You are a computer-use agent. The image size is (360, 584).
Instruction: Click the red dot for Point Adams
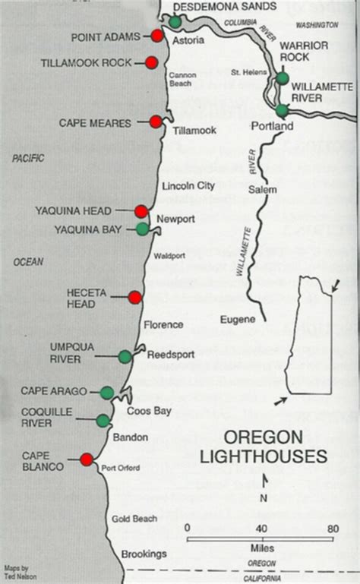pyautogui.click(x=157, y=36)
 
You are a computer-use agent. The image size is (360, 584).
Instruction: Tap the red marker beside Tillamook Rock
pyautogui.click(x=151, y=62)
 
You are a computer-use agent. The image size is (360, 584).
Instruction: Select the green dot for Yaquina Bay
pyautogui.click(x=142, y=228)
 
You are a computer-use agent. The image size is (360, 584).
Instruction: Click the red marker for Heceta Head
pyautogui.click(x=135, y=297)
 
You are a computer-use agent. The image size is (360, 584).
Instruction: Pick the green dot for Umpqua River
pyautogui.click(x=125, y=356)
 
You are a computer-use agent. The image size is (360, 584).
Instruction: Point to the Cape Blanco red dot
pyautogui.click(x=87, y=459)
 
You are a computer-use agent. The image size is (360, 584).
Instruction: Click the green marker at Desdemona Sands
pyautogui.click(x=175, y=22)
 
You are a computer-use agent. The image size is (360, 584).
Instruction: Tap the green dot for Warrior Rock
pyautogui.click(x=283, y=77)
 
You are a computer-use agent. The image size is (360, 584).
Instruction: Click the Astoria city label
pyautogui.click(x=188, y=40)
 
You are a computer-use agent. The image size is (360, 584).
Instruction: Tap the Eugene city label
pyautogui.click(x=238, y=320)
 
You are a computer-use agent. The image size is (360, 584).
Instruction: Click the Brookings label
pyautogui.click(x=145, y=554)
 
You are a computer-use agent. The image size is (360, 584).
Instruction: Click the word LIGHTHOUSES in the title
pyautogui.click(x=262, y=456)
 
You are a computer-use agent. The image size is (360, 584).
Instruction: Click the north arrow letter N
pyautogui.click(x=264, y=498)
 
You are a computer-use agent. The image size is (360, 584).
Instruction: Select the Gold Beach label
pyautogui.click(x=135, y=519)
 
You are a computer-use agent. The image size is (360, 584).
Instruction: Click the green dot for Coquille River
pyautogui.click(x=103, y=420)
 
